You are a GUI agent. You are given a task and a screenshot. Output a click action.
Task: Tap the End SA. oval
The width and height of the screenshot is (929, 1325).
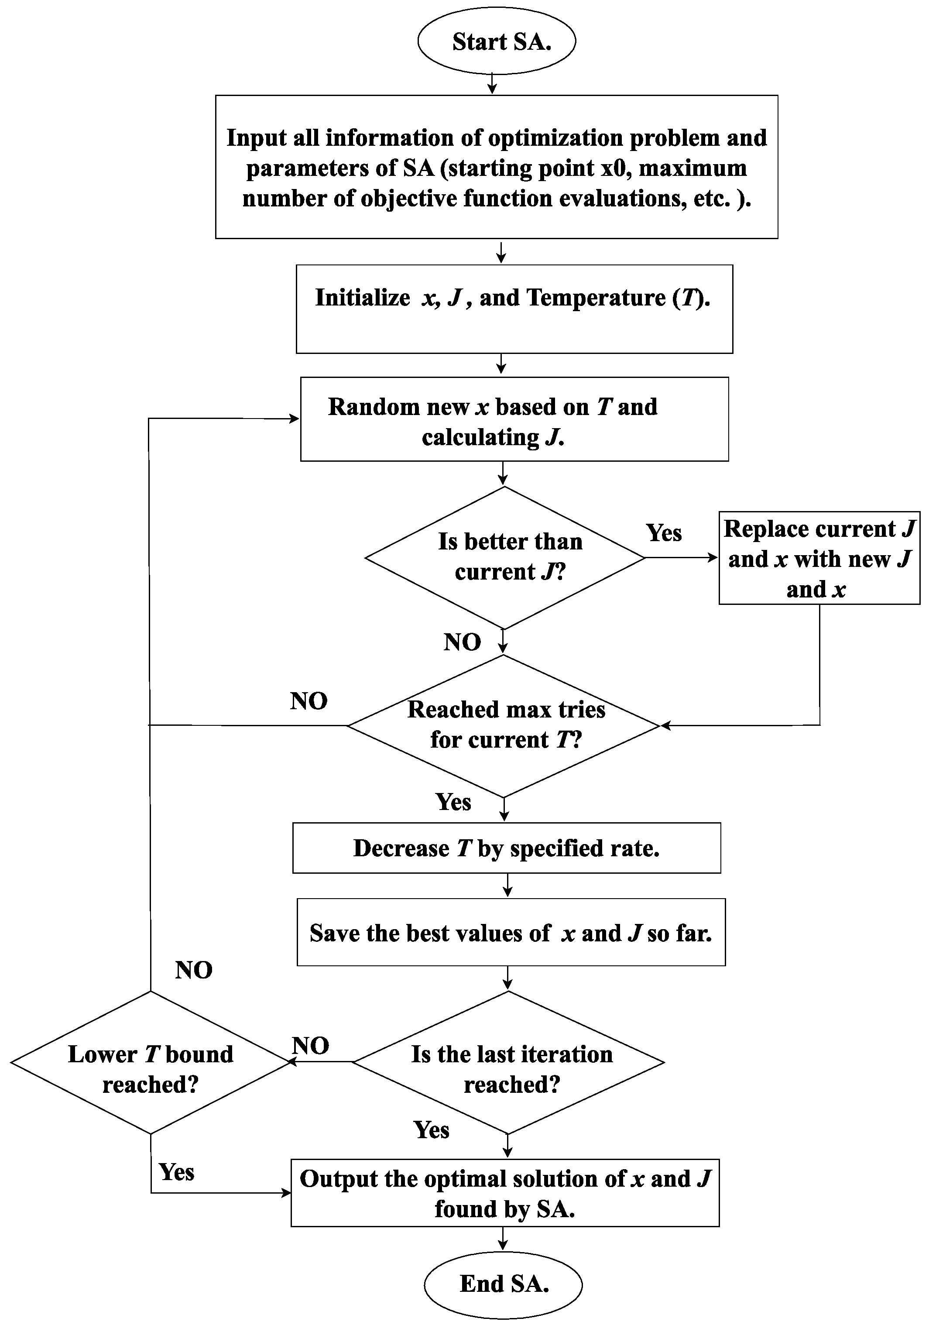503,1284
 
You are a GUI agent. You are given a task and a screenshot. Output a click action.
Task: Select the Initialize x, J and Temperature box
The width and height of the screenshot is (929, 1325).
514,309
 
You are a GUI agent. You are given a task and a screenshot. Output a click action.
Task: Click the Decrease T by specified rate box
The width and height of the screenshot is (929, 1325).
506,848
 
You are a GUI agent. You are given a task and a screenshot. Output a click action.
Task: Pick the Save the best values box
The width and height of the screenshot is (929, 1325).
511,933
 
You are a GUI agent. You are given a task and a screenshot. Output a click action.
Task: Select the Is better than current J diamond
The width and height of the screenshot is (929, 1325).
505,557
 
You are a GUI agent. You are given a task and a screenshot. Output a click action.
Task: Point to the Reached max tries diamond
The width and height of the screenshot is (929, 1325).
504,725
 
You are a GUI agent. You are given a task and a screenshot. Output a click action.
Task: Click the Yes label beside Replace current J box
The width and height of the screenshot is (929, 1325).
664,532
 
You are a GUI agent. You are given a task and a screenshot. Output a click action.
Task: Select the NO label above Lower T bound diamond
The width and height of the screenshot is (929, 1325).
194,971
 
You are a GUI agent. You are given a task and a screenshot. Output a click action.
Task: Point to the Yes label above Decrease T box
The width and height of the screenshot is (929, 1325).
453,802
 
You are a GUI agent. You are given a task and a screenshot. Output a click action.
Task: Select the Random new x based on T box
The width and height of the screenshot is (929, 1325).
514,419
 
